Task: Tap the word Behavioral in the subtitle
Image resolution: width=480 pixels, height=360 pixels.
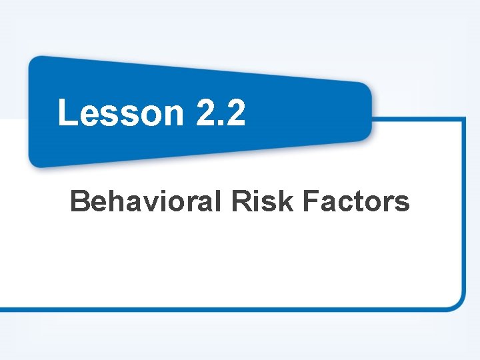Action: tap(145, 201)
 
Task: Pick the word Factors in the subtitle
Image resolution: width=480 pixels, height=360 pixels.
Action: tap(356, 201)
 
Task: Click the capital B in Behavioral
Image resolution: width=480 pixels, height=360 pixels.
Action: tap(80, 201)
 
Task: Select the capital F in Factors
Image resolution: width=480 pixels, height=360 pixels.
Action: tap(311, 201)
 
